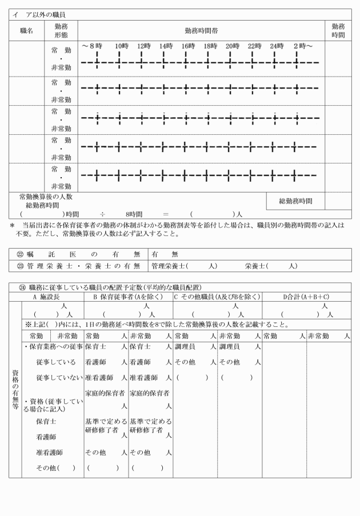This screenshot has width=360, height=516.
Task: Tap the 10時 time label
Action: [x=121, y=46]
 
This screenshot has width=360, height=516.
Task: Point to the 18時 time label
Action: [x=210, y=46]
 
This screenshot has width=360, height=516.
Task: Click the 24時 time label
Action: [x=277, y=46]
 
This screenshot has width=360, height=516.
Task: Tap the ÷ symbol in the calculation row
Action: [x=103, y=214]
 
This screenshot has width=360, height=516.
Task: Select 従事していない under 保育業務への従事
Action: [x=55, y=377]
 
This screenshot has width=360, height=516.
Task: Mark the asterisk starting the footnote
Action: [x=12, y=226]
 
